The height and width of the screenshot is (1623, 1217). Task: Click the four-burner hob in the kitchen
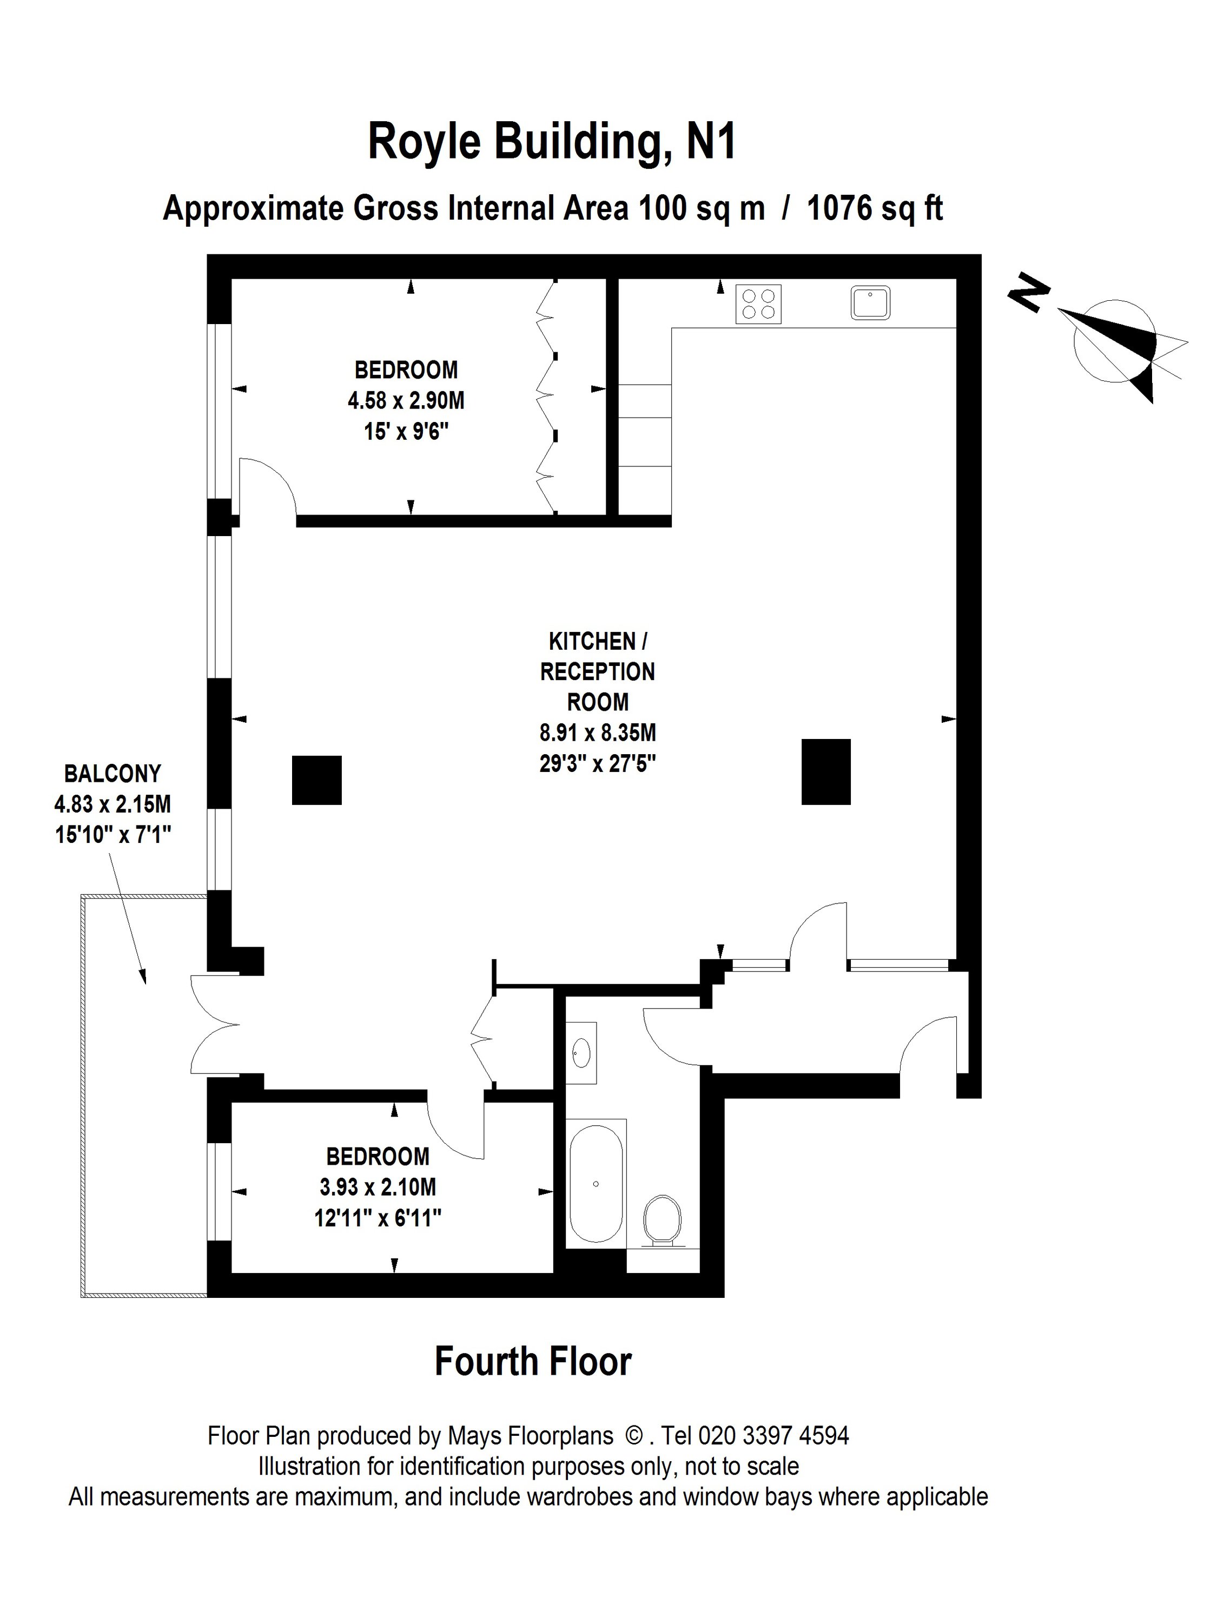[758, 304]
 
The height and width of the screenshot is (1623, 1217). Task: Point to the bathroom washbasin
[581, 1053]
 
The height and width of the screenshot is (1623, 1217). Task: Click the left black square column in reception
[316, 780]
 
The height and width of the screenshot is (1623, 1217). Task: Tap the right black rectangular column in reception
[825, 772]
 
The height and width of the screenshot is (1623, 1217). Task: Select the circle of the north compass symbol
[1114, 341]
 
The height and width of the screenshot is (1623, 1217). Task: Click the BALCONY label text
[113, 773]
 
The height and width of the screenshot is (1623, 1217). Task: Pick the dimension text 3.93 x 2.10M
[377, 1186]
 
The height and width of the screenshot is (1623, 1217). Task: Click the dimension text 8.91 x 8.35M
[597, 733]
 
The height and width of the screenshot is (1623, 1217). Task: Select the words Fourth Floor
[533, 1362]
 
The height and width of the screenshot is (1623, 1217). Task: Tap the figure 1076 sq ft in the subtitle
[875, 208]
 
